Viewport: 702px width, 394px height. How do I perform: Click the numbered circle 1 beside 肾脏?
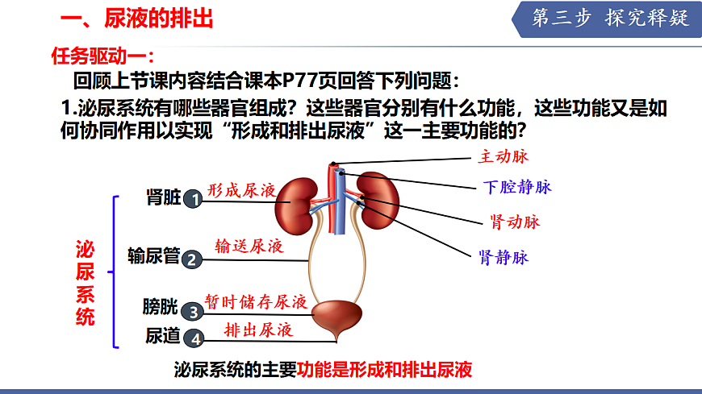point(192,199)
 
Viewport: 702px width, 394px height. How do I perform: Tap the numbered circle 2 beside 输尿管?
point(192,259)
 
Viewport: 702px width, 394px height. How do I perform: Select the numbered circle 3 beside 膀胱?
point(192,311)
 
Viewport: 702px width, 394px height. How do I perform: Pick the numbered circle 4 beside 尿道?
point(192,338)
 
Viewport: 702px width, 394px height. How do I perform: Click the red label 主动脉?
point(504,156)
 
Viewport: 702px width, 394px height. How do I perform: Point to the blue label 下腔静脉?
point(517,187)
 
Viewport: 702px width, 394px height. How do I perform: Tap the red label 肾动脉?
point(515,222)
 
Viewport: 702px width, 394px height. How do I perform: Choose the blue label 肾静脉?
point(504,258)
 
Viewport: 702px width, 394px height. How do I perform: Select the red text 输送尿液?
point(249,246)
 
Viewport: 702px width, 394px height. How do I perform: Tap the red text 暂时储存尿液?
point(256,301)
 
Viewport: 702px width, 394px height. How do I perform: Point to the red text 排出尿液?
point(258,330)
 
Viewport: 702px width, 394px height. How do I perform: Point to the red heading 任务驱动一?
point(101,56)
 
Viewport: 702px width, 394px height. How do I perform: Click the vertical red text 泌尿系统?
point(85,282)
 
